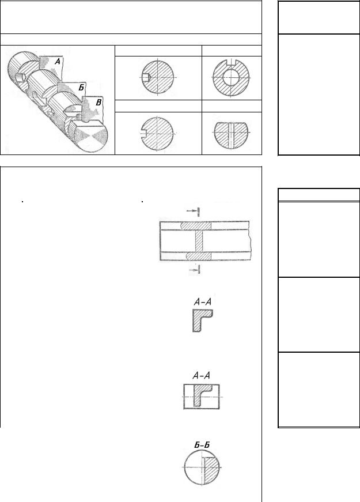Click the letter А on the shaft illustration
57,61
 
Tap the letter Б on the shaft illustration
81,88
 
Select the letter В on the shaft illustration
99,103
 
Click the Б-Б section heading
202,445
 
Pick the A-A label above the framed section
201,375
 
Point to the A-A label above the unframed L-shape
203,301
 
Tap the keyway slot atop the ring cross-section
231,62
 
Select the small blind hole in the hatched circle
146,77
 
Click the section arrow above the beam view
194,211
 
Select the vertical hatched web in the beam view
199,241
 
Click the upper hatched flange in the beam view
196,226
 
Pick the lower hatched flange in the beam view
198,256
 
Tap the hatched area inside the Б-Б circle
211,467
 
